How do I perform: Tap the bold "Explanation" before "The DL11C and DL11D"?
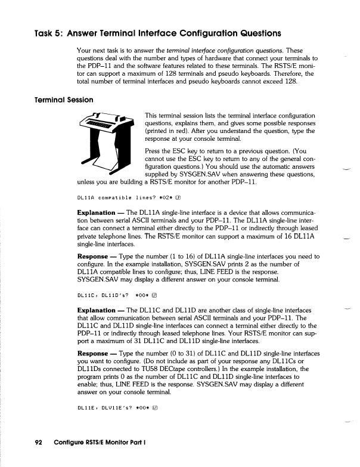96,310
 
